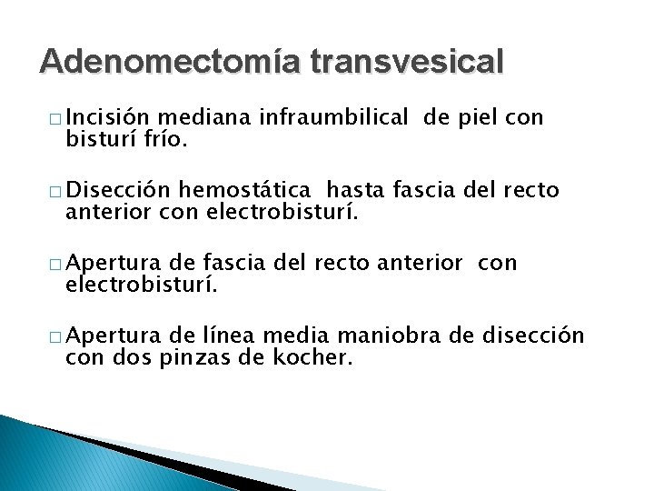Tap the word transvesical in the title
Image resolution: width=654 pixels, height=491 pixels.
pyautogui.click(x=406, y=62)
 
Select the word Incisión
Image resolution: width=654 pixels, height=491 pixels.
pyautogui.click(x=109, y=118)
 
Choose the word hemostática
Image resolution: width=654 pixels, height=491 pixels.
pyautogui.click(x=248, y=191)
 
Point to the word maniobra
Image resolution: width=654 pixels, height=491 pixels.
pyautogui.click(x=407, y=336)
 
